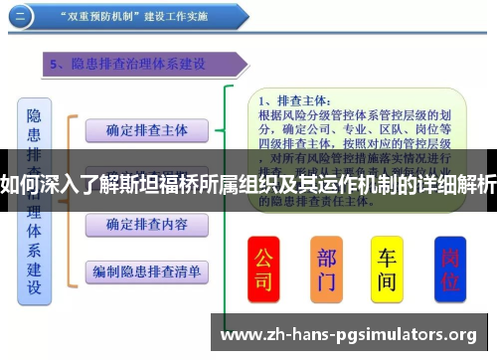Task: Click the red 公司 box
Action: (263, 268)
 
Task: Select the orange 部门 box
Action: (327, 268)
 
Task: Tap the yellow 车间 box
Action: (387, 268)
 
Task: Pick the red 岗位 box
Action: (450, 268)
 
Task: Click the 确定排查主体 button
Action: (147, 130)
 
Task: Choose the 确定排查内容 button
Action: (147, 225)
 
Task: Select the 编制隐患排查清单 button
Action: (147, 270)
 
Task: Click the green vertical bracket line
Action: (230, 199)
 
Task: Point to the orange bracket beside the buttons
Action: (70, 199)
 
